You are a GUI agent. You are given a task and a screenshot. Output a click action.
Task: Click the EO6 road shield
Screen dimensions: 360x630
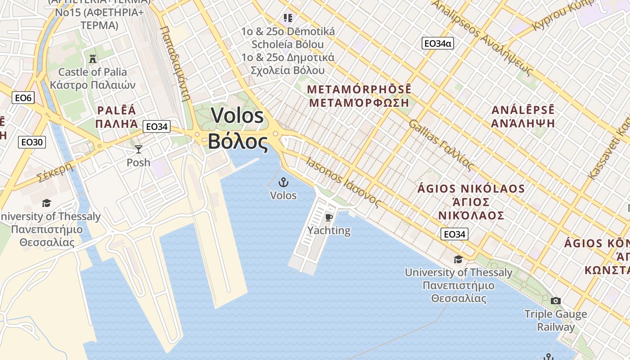pos(23,98)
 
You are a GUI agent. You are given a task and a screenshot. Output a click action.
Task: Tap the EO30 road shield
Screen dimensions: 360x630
pos(32,142)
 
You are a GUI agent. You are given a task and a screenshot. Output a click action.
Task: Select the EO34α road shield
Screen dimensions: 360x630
pos(437,44)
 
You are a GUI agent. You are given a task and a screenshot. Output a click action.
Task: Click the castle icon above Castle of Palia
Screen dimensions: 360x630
pos(93,58)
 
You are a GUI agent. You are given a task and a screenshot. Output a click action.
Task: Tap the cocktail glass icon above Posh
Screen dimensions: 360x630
pos(139,149)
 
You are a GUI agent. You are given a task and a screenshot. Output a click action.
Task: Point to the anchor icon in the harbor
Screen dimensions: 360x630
pos(283,182)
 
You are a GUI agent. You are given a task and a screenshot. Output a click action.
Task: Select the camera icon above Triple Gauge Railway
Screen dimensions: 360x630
pos(556,301)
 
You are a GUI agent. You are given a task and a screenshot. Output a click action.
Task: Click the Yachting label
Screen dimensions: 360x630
pos(329,230)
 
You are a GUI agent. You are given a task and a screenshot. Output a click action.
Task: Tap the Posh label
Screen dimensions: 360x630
pos(139,162)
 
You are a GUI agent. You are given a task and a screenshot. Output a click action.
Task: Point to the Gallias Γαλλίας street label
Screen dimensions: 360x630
pos(441,145)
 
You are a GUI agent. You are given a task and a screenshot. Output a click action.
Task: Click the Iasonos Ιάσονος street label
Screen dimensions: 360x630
pos(343,181)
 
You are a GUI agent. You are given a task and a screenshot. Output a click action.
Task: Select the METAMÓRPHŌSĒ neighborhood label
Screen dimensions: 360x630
pos(359,89)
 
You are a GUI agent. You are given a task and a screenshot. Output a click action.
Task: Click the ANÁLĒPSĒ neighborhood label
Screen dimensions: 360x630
pos(523,110)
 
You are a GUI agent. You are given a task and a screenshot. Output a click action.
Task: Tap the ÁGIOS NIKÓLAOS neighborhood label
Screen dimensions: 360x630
pos(471,189)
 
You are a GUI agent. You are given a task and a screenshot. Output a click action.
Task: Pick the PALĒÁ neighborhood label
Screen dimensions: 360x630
pos(116,110)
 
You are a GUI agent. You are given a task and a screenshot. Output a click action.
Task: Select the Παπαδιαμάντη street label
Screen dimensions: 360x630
pos(175,63)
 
